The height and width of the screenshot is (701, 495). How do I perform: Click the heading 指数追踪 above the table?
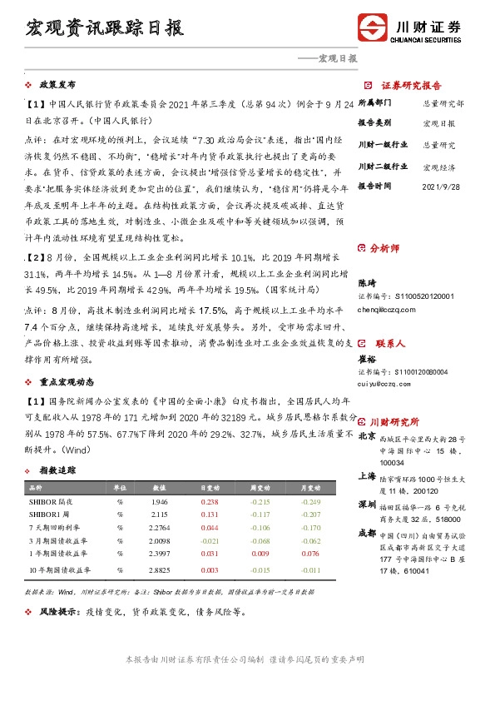pos(57,471)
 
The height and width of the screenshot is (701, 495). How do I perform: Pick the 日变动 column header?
pos(210,488)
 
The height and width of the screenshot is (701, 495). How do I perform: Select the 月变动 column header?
pos(310,488)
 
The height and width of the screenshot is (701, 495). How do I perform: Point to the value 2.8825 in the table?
pos(160,570)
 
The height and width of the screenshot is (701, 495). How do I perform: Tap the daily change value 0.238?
pos(210,503)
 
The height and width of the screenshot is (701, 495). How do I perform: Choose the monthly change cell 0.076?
pos(310,552)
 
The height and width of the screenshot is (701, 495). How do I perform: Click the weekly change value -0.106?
pos(260,527)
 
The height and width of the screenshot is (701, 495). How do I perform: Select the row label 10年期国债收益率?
pos(58,570)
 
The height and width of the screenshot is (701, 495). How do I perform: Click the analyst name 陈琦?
pos(368,282)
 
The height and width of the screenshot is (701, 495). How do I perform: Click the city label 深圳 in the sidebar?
pos(366,505)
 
